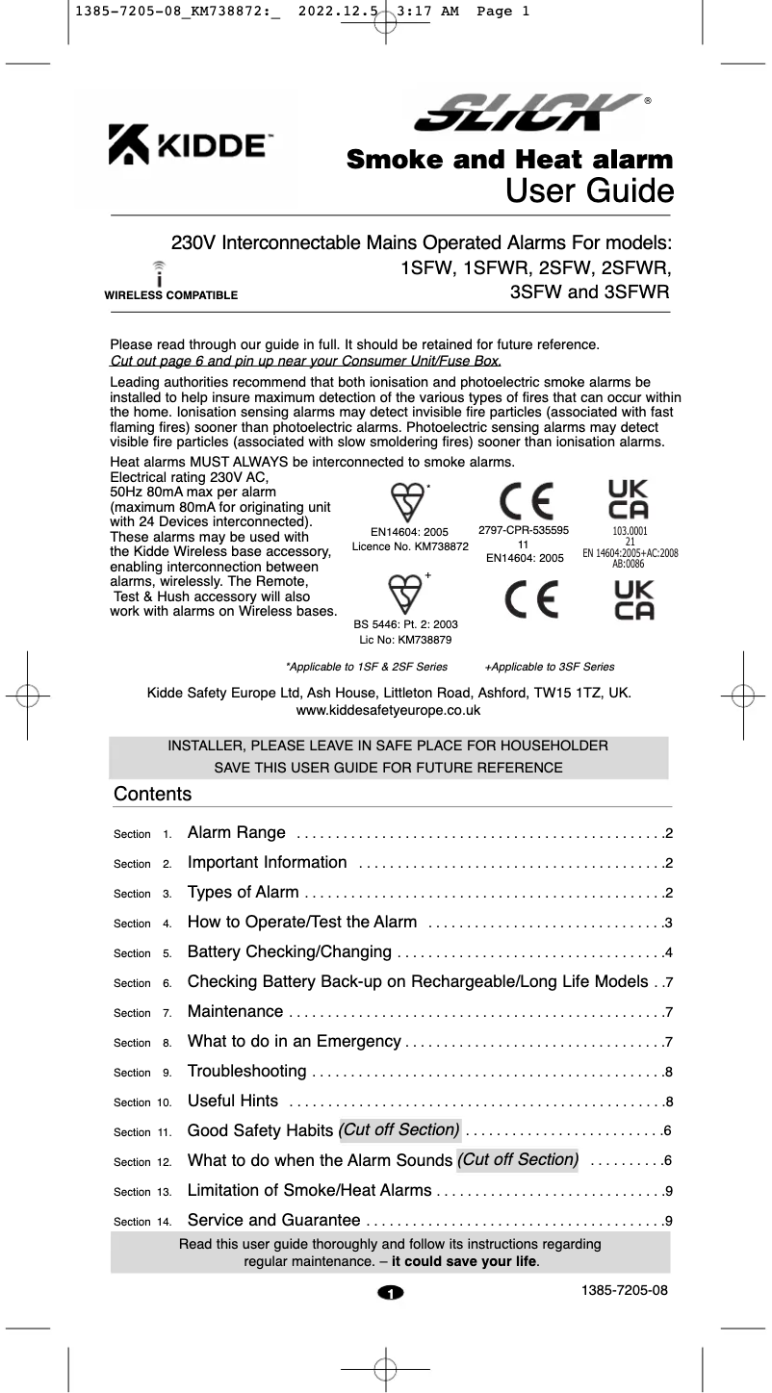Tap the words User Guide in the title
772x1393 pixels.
pos(588,190)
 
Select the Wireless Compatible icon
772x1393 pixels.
pos(159,273)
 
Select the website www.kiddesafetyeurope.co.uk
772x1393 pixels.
pos(388,710)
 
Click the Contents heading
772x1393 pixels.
pos(152,795)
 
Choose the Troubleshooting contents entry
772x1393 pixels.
pos(247,1072)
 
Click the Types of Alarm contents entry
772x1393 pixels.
pos(243,893)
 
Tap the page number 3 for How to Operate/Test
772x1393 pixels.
pos(668,924)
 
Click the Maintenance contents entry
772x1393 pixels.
pos(235,1012)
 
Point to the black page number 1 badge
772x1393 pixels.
pos(391,1292)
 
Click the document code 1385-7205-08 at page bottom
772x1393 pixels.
pos(624,1289)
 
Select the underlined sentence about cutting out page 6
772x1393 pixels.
pos(306,362)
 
